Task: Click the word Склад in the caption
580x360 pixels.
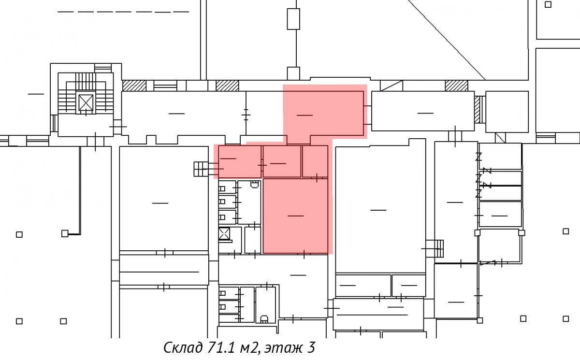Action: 183,347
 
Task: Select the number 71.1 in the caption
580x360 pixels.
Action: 221,347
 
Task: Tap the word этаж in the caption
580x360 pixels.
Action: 284,348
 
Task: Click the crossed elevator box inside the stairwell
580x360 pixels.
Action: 86,102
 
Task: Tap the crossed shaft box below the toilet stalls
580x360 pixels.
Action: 224,234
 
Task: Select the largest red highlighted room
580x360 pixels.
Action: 295,216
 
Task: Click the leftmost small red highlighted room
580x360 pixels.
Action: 240,161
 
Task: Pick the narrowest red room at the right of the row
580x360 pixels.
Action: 315,161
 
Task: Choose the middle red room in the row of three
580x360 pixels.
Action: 282,161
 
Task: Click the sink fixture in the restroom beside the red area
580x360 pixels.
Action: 255,184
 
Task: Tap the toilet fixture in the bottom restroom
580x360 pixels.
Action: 264,319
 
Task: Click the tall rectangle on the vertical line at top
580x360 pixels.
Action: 293,19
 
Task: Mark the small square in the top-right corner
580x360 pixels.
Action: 548,4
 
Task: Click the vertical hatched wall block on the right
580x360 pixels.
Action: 477,110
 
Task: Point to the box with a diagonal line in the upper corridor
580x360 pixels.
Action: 391,86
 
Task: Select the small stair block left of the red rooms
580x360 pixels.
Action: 201,169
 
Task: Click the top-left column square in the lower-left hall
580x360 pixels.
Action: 19,234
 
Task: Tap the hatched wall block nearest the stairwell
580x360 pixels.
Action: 134,86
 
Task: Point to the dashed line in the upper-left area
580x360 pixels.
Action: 123,12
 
